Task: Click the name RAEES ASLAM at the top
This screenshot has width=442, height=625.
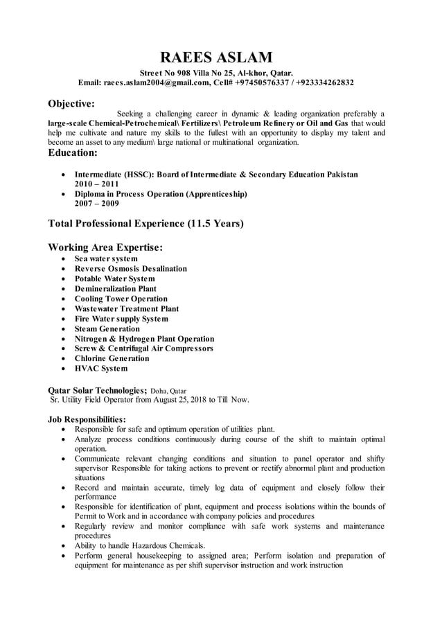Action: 216,57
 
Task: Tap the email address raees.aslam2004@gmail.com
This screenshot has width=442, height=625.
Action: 157,82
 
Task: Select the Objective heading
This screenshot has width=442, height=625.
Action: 71,104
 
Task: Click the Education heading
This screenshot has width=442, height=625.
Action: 73,152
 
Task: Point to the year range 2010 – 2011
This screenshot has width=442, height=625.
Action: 96,184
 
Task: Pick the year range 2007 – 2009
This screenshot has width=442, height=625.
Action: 96,204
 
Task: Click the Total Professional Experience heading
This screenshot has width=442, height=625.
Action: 145,224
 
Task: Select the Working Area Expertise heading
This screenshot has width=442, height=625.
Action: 105,247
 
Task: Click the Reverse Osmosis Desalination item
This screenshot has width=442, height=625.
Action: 131,269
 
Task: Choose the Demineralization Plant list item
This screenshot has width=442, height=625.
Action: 116,289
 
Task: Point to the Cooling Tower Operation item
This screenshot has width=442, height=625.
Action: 121,299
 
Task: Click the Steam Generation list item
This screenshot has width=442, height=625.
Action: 107,329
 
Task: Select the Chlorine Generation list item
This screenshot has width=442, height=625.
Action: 112,359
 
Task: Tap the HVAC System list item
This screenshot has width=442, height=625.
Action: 101,369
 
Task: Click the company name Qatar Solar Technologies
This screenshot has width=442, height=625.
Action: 97,390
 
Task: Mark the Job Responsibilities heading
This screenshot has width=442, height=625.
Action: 87,419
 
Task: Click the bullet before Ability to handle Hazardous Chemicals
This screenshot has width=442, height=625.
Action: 64,545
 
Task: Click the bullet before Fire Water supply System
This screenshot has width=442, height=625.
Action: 64,319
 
